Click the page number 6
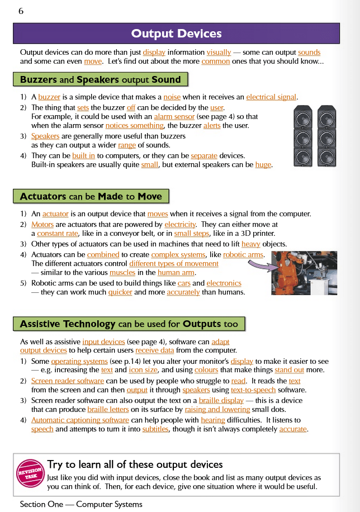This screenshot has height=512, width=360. click(21, 11)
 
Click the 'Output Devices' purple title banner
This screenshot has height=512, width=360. click(176, 34)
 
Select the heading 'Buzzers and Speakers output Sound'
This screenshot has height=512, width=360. click(101, 79)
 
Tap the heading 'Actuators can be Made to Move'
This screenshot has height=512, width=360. click(91, 196)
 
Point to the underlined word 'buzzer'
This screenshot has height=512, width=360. click(49, 97)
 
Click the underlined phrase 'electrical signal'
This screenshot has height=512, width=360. click(271, 97)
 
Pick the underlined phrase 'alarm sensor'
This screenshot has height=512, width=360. click(174, 116)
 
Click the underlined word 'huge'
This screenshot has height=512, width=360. click(263, 165)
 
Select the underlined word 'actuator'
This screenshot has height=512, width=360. click(55, 214)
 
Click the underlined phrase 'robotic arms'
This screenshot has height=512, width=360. click(243, 254)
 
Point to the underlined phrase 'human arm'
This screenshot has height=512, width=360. click(176, 272)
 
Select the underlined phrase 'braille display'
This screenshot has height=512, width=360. click(221, 400)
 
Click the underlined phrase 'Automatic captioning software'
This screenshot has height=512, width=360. click(80, 420)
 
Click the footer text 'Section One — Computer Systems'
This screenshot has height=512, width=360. click(81, 504)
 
